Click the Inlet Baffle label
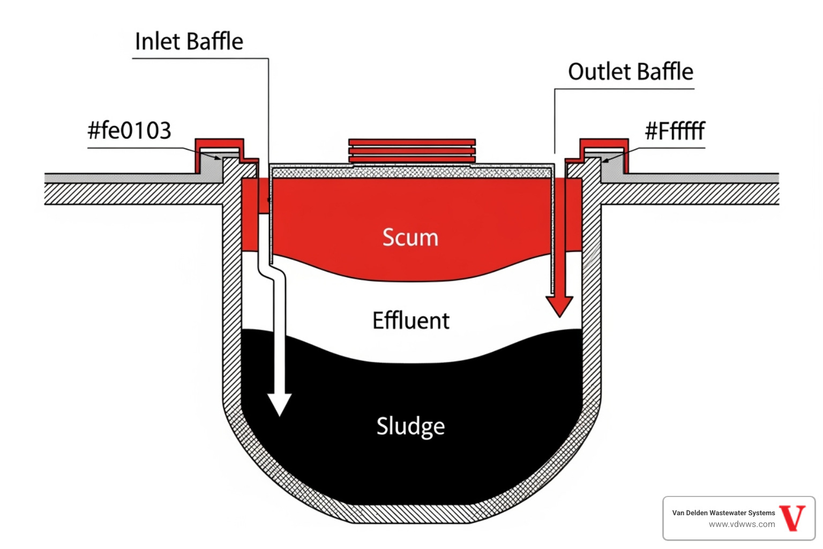[x=189, y=42]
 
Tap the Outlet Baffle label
[x=630, y=72]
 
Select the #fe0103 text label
[x=129, y=131]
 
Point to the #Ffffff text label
[x=675, y=131]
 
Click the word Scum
[x=410, y=238]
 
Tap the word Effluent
[x=411, y=321]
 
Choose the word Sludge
[x=410, y=426]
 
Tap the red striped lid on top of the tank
[x=411, y=151]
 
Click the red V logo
[x=792, y=518]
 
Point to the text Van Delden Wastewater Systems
[x=723, y=513]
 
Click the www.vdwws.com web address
[x=742, y=524]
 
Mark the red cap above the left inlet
[x=220, y=144]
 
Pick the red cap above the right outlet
[x=604, y=144]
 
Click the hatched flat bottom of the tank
[x=411, y=513]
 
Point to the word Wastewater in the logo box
[x=727, y=513]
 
